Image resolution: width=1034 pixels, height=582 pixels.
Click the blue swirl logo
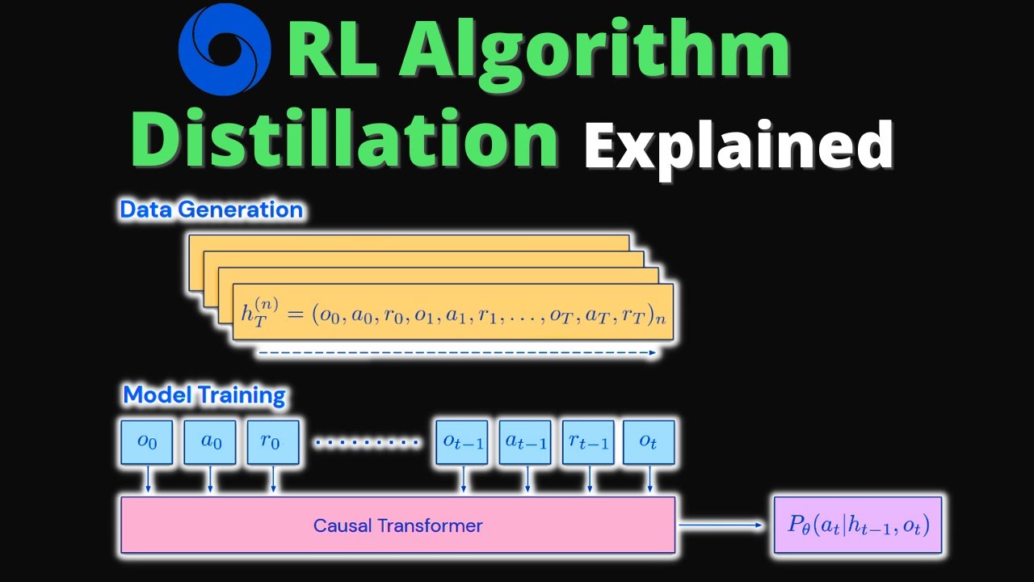(x=224, y=50)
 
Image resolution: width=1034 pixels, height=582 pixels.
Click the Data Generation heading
(x=212, y=210)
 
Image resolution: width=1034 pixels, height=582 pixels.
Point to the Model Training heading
(x=204, y=395)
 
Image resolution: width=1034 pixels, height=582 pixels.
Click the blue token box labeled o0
(x=146, y=442)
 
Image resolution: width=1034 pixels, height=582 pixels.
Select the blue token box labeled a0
(x=209, y=442)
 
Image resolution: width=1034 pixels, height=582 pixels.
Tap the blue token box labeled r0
(x=273, y=442)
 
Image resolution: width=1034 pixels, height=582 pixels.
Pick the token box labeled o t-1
(x=461, y=442)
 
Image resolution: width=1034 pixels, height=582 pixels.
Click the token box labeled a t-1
(x=525, y=442)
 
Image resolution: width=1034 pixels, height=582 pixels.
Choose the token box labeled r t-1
(x=588, y=442)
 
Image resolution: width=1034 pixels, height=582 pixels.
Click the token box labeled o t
(x=649, y=442)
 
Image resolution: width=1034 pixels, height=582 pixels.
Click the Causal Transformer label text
(x=397, y=525)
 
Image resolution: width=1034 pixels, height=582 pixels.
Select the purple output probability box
(x=858, y=525)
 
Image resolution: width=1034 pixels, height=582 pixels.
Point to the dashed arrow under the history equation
(x=456, y=352)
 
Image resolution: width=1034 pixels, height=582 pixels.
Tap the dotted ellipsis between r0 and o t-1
(x=368, y=442)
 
